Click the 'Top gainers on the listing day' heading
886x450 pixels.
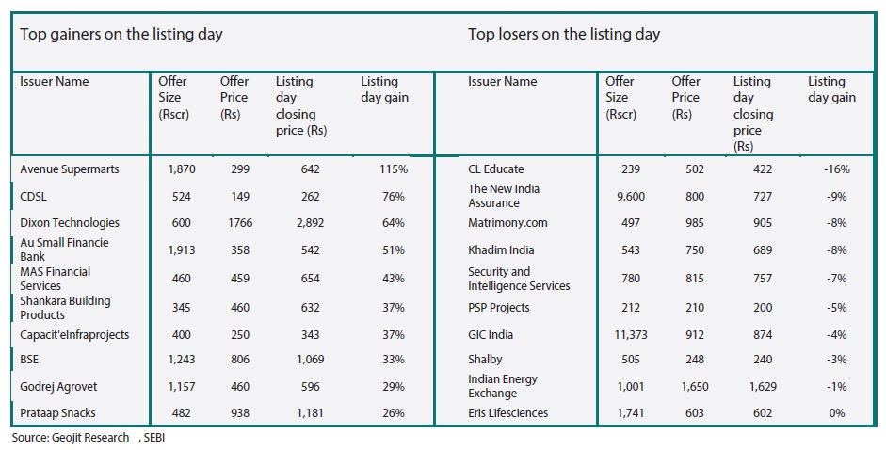(121, 35)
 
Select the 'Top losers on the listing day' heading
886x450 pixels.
(564, 35)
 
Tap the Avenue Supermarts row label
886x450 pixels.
(70, 169)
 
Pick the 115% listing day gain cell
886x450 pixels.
(394, 169)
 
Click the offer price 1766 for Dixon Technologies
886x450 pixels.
(240, 223)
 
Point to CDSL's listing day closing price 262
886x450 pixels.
(310, 197)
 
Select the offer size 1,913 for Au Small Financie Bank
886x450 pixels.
(182, 249)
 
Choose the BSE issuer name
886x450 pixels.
(29, 360)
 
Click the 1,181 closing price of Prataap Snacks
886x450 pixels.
(310, 412)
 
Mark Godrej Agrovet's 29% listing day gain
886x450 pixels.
(394, 387)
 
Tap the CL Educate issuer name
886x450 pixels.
(495, 169)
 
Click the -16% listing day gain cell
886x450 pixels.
(837, 169)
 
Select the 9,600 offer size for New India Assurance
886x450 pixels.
(631, 197)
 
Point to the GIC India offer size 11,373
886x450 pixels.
(631, 334)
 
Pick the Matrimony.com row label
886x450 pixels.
(507, 223)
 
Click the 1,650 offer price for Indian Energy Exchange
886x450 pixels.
(695, 387)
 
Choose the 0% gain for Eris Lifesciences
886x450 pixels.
(837, 412)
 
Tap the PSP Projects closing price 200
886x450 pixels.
(763, 308)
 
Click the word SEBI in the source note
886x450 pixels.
(154, 438)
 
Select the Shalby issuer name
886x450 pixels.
(485, 360)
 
